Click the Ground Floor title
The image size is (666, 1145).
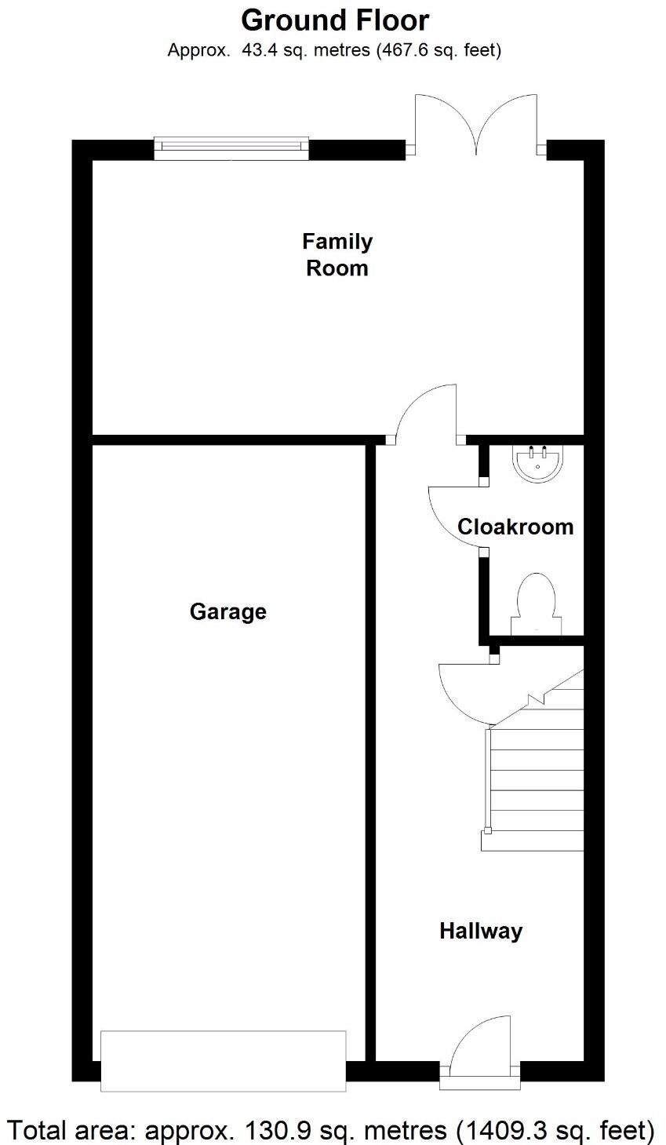335,20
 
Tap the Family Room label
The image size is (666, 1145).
337,254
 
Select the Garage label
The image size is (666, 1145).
228,611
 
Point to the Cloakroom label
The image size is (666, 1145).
515,527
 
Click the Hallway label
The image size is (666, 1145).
481,931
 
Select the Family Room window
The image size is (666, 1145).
231,148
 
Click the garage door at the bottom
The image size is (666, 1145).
224,1060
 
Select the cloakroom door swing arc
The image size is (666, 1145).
453,514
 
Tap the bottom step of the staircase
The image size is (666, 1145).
533,841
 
